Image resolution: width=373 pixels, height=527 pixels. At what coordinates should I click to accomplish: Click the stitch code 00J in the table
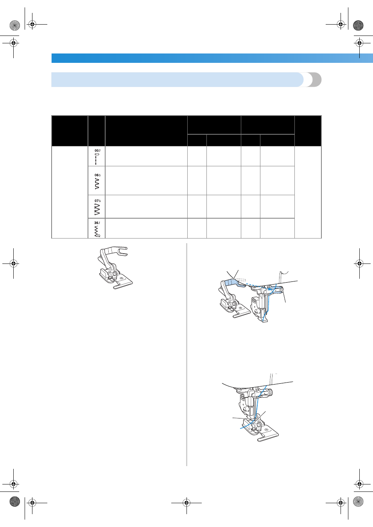coord(97,151)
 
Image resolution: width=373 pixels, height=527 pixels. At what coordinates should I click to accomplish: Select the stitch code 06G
coord(97,175)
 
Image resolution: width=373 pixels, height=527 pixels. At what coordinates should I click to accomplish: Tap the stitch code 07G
coord(97,201)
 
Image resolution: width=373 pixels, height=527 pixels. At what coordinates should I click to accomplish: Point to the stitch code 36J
coord(97,223)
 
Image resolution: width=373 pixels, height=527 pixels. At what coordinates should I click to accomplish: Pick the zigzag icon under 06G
coord(97,184)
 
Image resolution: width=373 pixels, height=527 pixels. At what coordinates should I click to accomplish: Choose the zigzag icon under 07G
coord(97,209)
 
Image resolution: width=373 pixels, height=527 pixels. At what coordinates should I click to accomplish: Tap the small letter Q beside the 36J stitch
coord(99,236)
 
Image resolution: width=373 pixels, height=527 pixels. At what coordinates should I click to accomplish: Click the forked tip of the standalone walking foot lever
coord(124,251)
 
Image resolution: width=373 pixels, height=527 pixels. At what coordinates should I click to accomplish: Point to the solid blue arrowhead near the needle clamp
coord(269,290)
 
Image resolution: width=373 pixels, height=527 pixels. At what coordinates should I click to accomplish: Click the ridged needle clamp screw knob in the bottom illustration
coord(271,392)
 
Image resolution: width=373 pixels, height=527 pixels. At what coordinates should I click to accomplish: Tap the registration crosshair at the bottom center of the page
coord(186,503)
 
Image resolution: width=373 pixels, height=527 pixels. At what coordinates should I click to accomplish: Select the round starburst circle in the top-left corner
coord(14,25)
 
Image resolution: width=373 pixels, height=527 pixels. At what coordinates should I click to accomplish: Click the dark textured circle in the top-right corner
coord(358,25)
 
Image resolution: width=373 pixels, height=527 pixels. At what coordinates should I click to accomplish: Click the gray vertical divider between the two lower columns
coord(186,354)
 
